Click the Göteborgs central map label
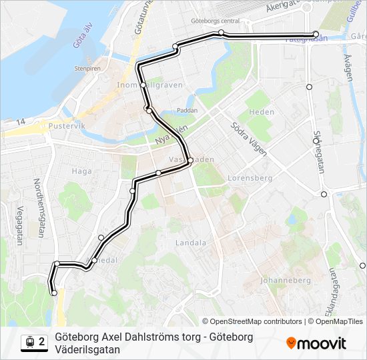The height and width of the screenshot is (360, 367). tap(214, 21)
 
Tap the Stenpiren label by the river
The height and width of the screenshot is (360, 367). tap(87, 68)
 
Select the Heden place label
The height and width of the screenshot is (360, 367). tap(261, 112)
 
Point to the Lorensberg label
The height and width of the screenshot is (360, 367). tap(250, 178)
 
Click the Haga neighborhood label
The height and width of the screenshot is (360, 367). tap(81, 171)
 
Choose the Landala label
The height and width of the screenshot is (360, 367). tap(190, 243)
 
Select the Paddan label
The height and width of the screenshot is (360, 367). tap(188, 111)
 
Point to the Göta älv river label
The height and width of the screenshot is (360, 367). tap(79, 45)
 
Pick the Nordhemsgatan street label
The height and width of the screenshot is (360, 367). tap(39, 207)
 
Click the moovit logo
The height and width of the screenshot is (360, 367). tap(316, 343)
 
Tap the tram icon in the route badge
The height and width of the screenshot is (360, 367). tap(29, 343)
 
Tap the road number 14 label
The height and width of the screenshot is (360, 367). tap(22, 121)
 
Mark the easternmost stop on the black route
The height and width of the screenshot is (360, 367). tap(316, 34)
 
